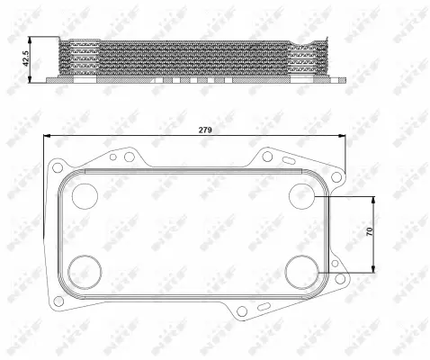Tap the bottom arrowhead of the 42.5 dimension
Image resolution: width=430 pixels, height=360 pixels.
32,80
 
